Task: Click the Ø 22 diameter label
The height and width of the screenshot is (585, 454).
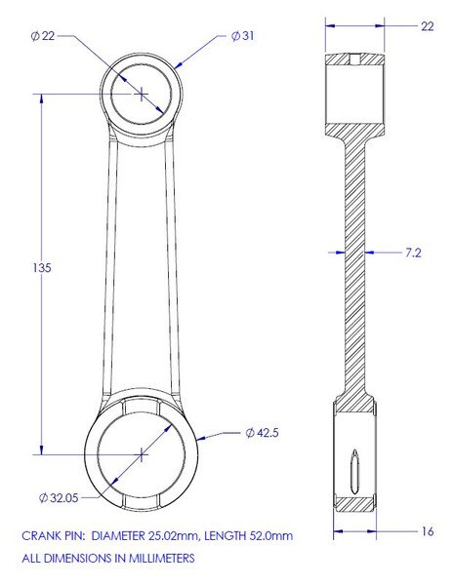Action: coord(43,36)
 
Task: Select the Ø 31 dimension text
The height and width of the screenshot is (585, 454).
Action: coord(242,36)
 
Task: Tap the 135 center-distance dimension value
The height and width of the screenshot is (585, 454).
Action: coord(41,268)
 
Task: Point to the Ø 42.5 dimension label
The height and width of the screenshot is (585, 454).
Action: coord(262,433)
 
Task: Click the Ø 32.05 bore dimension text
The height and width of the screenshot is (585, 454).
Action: coord(59,497)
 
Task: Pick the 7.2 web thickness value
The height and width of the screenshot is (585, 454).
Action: coord(413,253)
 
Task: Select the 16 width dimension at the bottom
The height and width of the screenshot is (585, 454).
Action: coord(428,531)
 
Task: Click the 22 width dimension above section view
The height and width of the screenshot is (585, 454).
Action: coord(428,26)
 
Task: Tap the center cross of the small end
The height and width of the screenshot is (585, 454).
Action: coord(142,94)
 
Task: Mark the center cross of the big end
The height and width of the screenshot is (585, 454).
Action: coord(142,454)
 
